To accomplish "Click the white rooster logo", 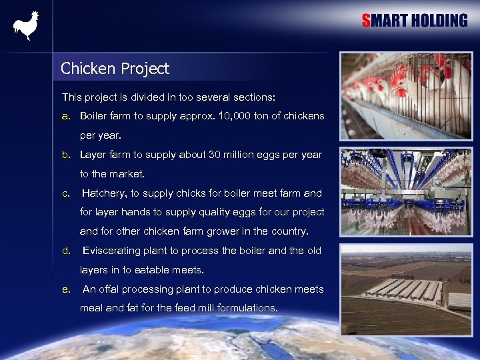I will [26, 26].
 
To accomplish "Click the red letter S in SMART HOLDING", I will [367, 21].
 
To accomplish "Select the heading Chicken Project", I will [115, 69].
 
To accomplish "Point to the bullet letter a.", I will [65, 116].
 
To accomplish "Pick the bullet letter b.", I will [65, 155].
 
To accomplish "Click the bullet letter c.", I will [65, 193].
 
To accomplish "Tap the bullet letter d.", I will [65, 251].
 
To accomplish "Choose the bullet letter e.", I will [65, 289].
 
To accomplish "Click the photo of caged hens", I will [406, 96].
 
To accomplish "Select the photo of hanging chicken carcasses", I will [406, 192].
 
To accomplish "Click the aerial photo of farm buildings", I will [406, 289].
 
